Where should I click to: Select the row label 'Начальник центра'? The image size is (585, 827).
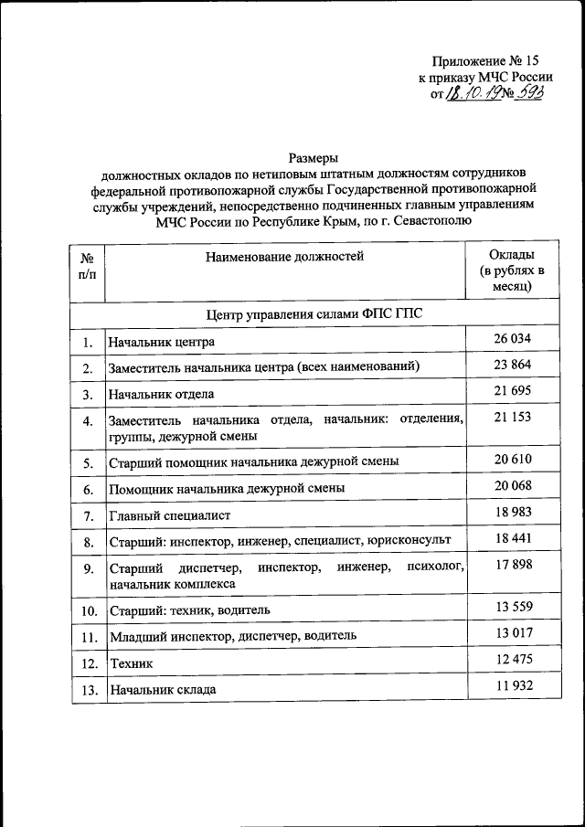pyautogui.click(x=161, y=343)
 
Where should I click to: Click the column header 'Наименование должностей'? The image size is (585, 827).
pyautogui.click(x=284, y=257)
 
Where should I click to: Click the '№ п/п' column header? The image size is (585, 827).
pyautogui.click(x=87, y=266)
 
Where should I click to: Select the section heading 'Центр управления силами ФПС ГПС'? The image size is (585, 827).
pyautogui.click(x=314, y=313)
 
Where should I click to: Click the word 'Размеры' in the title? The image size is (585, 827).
pyautogui.click(x=314, y=157)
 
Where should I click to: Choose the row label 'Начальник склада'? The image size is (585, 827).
pyautogui.click(x=162, y=690)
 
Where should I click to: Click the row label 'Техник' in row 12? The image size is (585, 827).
pyautogui.click(x=130, y=663)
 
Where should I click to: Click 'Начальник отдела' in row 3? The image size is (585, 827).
pyautogui.click(x=161, y=395)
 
